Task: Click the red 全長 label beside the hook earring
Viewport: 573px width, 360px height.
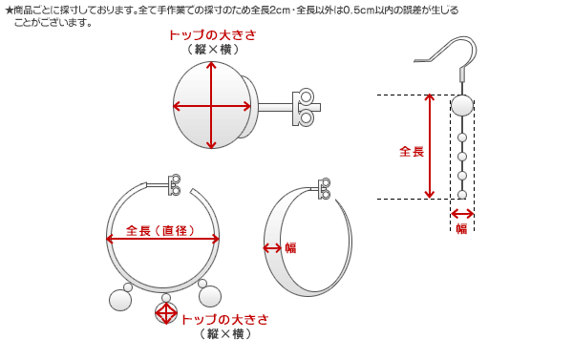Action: [412, 151]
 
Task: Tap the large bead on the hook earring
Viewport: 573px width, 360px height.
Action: [461, 105]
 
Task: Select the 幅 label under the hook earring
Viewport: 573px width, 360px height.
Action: [461, 228]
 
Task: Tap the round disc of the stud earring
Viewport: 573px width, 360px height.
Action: [212, 105]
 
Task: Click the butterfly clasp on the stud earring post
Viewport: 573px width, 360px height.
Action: [305, 107]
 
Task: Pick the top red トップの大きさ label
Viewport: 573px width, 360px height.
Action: [211, 35]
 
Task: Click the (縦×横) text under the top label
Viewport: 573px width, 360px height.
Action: [211, 49]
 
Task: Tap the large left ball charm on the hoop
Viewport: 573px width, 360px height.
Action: [120, 300]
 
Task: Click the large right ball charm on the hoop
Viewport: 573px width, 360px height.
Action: [211, 299]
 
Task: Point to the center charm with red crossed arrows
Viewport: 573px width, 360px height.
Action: [166, 312]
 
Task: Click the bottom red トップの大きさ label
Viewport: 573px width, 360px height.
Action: [224, 319]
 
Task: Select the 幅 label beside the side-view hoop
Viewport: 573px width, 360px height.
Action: [289, 247]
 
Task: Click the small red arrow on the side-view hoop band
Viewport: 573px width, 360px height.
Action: [272, 247]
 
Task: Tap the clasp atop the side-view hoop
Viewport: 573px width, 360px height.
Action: [326, 188]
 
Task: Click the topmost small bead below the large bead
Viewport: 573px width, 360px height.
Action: [462, 135]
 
